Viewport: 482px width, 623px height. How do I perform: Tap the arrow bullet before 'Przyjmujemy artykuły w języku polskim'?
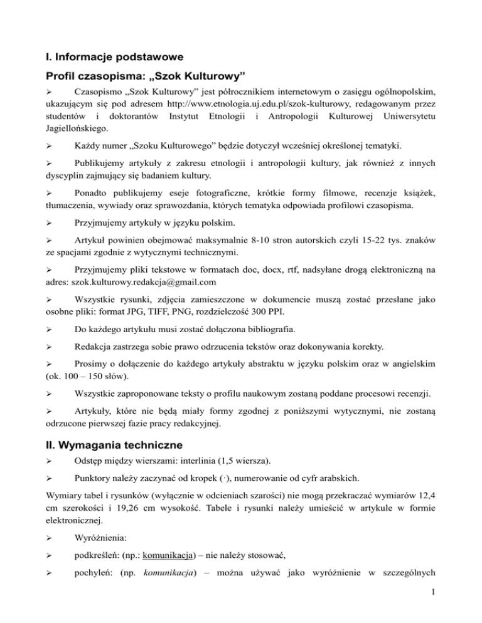coord(51,223)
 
